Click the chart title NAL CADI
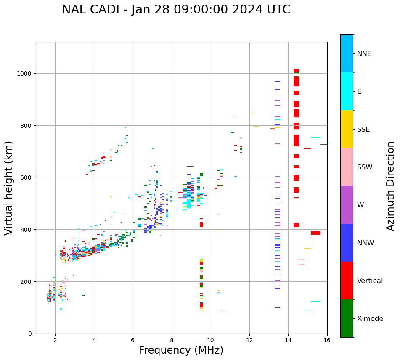(x=176, y=10)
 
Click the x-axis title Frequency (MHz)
(x=181, y=350)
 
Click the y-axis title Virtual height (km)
(x=9, y=188)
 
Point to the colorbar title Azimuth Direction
(x=391, y=186)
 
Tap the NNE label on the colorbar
(x=364, y=53)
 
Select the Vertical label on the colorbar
(x=370, y=281)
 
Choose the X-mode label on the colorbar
(x=370, y=318)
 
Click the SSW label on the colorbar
(x=365, y=167)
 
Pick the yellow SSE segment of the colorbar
(x=347, y=129)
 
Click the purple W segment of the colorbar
(x=347, y=205)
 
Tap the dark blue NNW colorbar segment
(x=347, y=243)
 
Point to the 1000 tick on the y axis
(x=25, y=74)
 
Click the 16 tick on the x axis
(x=327, y=341)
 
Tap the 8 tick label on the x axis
(x=172, y=341)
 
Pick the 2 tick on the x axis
(x=55, y=341)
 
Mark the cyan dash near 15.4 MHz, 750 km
(x=315, y=138)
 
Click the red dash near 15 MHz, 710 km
(x=307, y=148)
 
